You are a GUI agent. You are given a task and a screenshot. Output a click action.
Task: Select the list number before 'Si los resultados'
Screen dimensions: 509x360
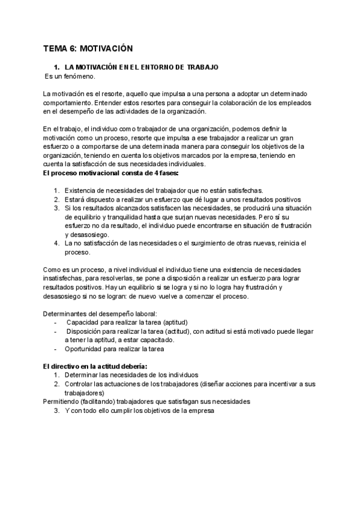[56, 208]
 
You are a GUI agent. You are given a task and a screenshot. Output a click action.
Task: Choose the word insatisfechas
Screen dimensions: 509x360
[65, 279]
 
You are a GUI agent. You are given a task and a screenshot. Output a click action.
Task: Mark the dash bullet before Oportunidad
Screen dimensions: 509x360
[56, 349]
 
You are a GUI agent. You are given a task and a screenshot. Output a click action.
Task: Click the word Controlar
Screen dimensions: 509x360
[80, 384]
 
